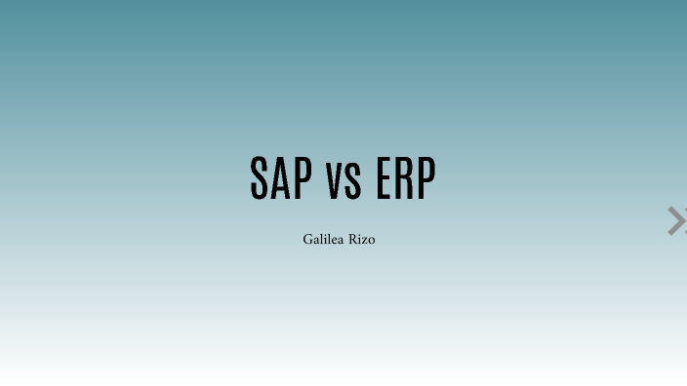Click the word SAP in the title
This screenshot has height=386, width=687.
tap(281, 177)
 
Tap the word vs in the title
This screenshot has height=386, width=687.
tap(344, 179)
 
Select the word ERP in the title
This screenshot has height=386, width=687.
tap(405, 177)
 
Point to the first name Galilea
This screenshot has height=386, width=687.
tap(320, 239)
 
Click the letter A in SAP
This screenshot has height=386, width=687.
tap(281, 177)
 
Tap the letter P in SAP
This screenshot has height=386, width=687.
tap(303, 177)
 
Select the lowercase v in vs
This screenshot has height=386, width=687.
tap(335, 181)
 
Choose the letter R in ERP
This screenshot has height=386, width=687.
tap(405, 177)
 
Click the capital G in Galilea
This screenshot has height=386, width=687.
tap(307, 239)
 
